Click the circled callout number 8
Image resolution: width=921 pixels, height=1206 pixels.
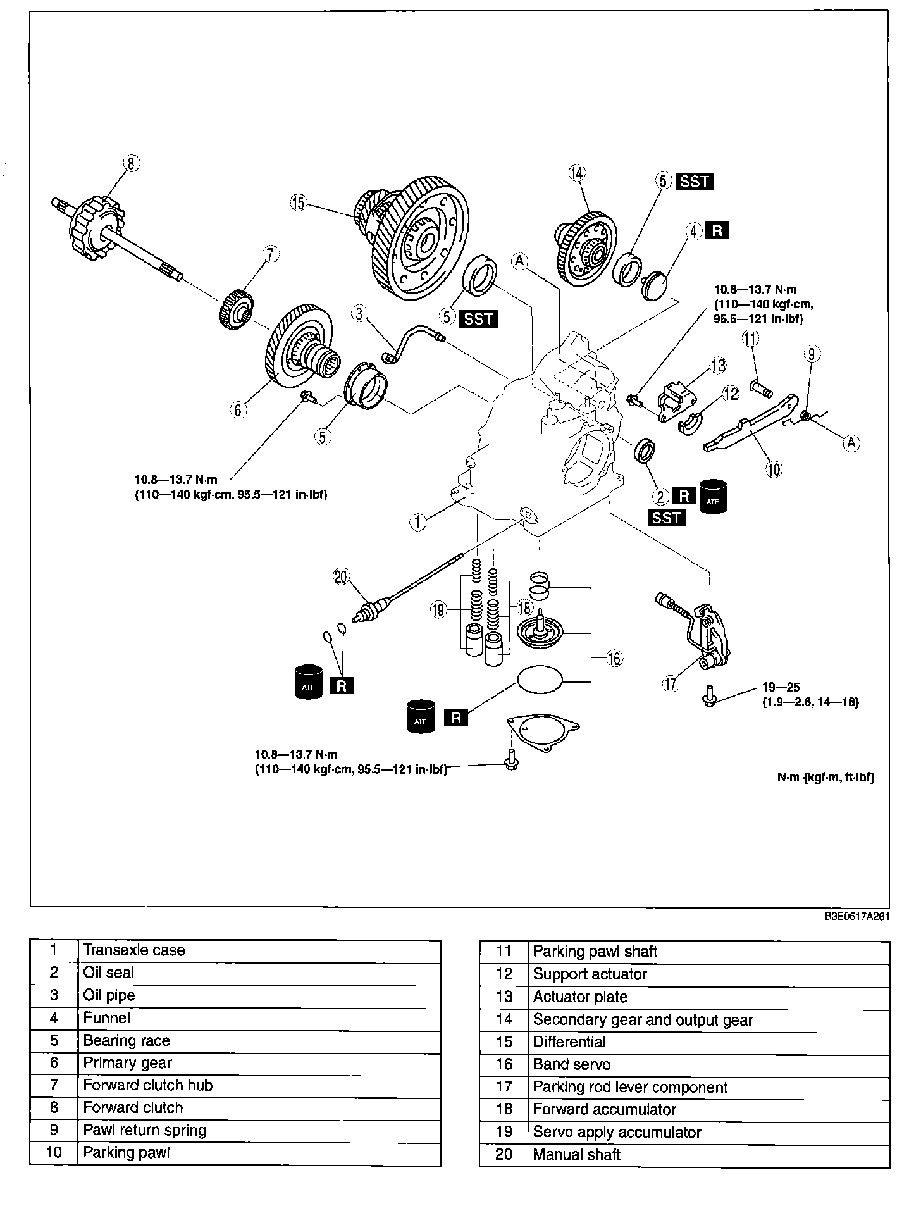pos(130,164)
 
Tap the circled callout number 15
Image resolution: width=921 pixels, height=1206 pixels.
pos(297,203)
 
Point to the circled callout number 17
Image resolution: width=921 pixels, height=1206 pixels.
pos(671,683)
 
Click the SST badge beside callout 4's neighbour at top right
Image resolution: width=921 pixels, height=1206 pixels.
pos(695,182)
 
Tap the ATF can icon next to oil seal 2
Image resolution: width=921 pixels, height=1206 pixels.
pos(713,495)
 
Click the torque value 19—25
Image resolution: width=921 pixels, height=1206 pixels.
pos(781,688)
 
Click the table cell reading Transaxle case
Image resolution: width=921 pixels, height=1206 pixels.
pos(259,950)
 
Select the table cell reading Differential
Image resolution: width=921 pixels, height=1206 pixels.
pos(709,1042)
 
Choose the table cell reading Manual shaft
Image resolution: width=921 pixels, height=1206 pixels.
pos(709,1155)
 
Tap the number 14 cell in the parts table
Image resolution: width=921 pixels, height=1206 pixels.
pos(504,1019)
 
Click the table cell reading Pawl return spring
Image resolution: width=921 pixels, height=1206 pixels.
pos(259,1130)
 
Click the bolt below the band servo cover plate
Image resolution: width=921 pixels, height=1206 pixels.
pos(512,761)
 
